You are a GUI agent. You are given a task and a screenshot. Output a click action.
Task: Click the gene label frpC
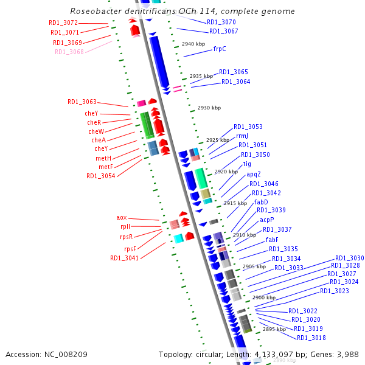coord(220,49)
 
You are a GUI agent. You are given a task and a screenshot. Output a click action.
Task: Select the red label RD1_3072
coord(63,23)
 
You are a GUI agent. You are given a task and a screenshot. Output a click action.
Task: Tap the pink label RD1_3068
coord(69,52)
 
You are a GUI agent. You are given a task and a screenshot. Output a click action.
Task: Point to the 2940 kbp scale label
coord(193,44)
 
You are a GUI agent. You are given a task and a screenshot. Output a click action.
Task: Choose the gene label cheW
coord(96,131)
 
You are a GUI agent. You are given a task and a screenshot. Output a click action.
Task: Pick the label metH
coord(104,158)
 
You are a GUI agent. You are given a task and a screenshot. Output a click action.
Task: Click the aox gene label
coord(122,217)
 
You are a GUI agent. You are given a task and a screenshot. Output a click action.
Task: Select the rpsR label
coord(125,237)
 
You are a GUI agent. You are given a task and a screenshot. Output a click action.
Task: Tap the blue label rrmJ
coord(242,136)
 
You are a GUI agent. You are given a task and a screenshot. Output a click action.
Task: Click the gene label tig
coord(247,164)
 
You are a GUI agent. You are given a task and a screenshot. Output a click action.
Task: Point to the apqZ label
coord(254,175)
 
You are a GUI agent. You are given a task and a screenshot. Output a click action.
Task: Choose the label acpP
coord(267,220)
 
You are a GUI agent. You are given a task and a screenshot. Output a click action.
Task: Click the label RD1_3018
coord(311,338)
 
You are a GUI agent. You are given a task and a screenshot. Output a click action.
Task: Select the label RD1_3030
coord(350,258)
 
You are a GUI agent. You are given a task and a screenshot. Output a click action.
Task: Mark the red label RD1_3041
coord(124,258)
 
